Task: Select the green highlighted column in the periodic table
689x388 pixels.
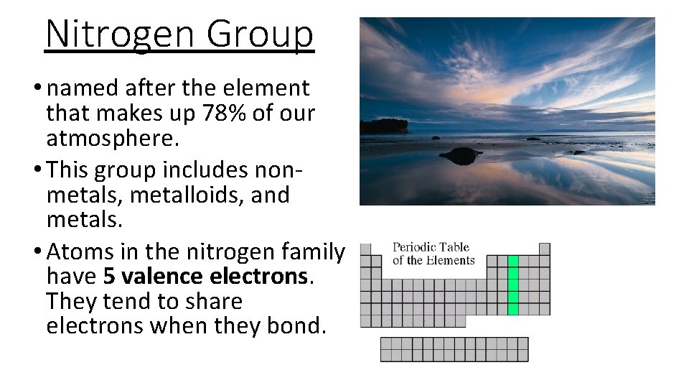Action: [513, 285]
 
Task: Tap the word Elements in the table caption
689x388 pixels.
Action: [451, 260]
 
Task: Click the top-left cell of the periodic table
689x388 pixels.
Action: [365, 249]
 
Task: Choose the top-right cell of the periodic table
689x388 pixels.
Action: [545, 249]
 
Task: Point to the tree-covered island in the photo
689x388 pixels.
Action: [383, 126]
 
